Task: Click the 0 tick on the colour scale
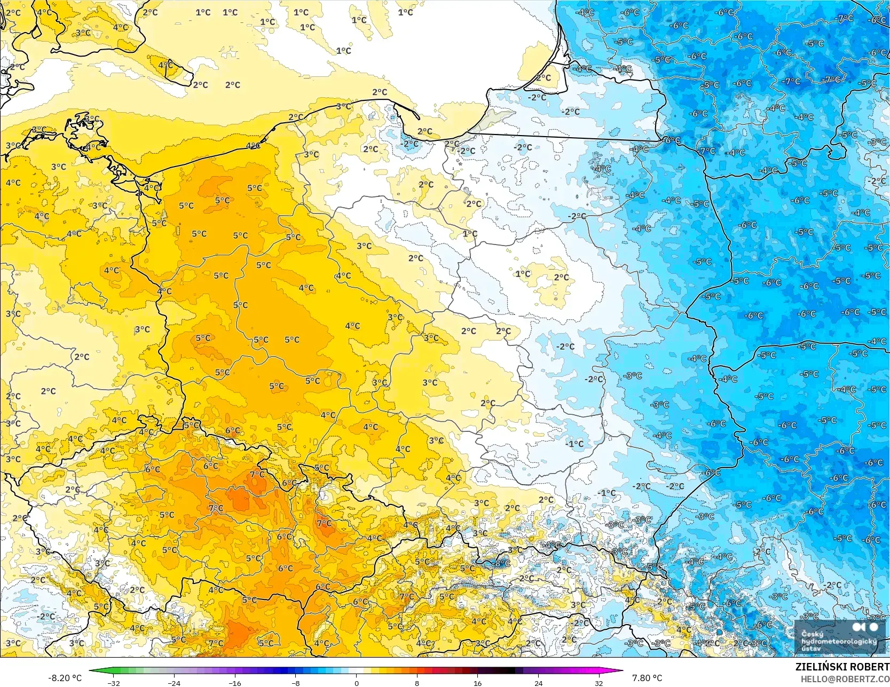pyautogui.click(x=356, y=683)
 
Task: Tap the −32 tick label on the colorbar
pyautogui.click(x=113, y=683)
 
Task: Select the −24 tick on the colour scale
pyautogui.click(x=174, y=683)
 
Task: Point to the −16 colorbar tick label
pyautogui.click(x=235, y=683)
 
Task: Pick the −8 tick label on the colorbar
pyautogui.click(x=296, y=683)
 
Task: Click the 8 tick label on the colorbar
pyautogui.click(x=417, y=683)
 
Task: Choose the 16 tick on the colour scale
pyautogui.click(x=477, y=683)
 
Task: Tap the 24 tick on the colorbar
pyautogui.click(x=538, y=683)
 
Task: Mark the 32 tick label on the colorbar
pyautogui.click(x=599, y=683)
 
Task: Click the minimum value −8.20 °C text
pyautogui.click(x=65, y=678)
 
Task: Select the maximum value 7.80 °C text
pyautogui.click(x=647, y=678)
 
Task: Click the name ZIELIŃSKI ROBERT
pyautogui.click(x=842, y=667)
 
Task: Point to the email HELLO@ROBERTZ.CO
pyautogui.click(x=845, y=678)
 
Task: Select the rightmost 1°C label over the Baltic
pyautogui.click(x=405, y=12)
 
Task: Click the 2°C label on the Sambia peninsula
pyautogui.click(x=544, y=78)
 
